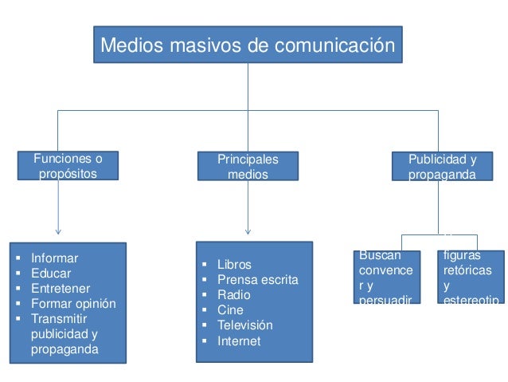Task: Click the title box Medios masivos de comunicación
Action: click(248, 45)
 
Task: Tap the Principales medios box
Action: click(248, 167)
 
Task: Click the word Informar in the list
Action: click(54, 258)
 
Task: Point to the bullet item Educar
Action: click(50, 274)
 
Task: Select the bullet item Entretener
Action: click(61, 289)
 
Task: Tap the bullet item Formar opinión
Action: click(73, 304)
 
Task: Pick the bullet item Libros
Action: click(234, 265)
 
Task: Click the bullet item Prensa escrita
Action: click(257, 280)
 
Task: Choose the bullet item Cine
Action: click(230, 310)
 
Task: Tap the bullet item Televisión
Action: click(244, 325)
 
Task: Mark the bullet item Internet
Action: click(238, 341)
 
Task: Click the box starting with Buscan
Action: click(386, 277)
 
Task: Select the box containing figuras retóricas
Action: click(471, 277)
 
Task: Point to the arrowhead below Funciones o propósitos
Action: click(58, 231)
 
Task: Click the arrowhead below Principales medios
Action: click(248, 231)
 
